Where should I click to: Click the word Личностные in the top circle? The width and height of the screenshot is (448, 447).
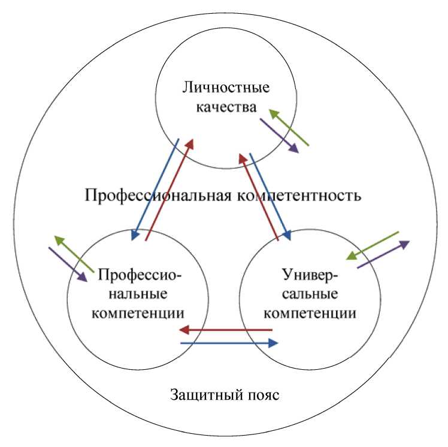(x=225, y=88)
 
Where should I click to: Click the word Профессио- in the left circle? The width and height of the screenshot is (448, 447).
(x=139, y=275)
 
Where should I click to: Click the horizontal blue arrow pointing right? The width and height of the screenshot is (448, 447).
(x=229, y=343)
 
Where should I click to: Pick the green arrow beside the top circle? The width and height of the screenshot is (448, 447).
(x=288, y=127)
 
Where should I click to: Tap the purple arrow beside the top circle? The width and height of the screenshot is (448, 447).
(x=279, y=135)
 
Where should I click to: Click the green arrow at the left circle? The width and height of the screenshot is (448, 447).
(x=74, y=255)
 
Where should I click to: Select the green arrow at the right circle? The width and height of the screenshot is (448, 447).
(x=372, y=245)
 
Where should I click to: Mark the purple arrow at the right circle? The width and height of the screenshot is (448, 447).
(x=383, y=255)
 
